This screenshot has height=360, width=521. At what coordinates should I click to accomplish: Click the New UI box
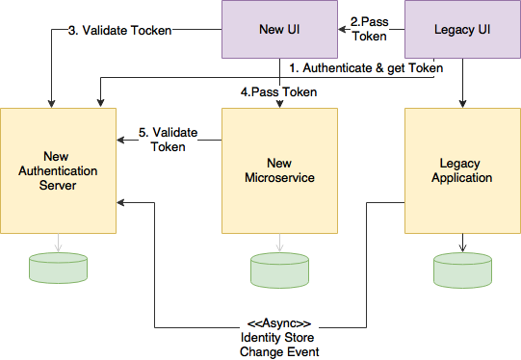point(280,29)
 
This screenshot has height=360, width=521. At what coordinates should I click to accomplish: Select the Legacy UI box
point(462,29)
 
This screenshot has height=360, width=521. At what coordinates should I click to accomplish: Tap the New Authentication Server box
point(58,170)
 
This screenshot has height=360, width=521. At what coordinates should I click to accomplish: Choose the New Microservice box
point(280,170)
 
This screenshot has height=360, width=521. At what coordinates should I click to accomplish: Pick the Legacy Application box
point(462,170)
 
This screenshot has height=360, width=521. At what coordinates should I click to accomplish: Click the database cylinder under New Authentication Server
point(58,268)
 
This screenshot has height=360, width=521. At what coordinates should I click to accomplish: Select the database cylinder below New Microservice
point(280,270)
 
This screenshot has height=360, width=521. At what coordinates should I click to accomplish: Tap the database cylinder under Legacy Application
point(462,270)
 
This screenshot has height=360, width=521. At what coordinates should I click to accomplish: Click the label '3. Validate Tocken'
point(120,30)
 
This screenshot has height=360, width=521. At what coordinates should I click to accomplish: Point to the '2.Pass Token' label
point(370,29)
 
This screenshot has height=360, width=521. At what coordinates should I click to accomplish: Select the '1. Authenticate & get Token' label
point(366,68)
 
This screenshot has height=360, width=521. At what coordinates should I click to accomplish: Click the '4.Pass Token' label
point(278,92)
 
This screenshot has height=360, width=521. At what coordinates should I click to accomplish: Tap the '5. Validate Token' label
point(169,140)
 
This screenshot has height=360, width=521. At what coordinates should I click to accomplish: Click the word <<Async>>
point(279,323)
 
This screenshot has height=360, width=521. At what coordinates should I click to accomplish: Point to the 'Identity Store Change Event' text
point(279,345)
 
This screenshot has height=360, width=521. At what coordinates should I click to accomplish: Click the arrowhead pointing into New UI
point(343,30)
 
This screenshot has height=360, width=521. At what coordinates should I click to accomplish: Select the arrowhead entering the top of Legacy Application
point(462,104)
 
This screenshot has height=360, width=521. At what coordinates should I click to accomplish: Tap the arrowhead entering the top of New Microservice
point(280,104)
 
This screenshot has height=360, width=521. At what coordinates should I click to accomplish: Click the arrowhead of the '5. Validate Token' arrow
point(121,141)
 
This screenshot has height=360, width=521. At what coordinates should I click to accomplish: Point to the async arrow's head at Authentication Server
point(121,202)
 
